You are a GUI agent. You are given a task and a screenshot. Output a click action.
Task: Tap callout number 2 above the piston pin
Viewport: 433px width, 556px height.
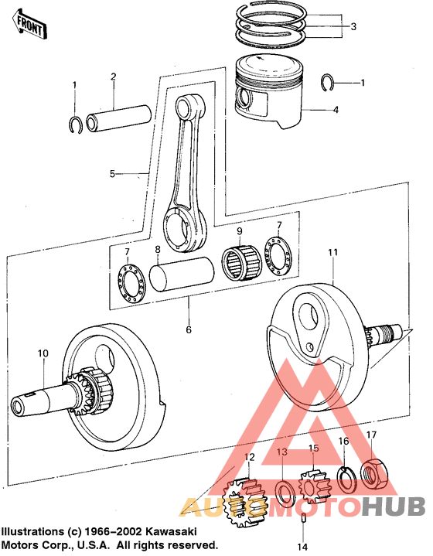click(113, 77)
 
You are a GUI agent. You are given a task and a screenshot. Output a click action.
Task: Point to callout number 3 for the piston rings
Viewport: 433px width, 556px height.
click(353, 27)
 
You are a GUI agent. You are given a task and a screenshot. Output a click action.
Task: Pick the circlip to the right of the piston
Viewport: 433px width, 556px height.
click(330, 81)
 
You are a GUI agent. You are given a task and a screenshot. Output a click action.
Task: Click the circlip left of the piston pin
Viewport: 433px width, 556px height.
click(76, 124)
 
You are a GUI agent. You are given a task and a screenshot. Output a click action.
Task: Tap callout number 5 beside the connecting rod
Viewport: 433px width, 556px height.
click(113, 174)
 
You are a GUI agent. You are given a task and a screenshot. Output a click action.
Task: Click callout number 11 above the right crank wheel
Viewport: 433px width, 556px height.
click(332, 253)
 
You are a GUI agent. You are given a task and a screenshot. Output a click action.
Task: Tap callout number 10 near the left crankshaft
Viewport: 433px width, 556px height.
click(43, 353)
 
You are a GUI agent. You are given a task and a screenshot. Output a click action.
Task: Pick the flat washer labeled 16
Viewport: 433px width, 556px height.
click(346, 479)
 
